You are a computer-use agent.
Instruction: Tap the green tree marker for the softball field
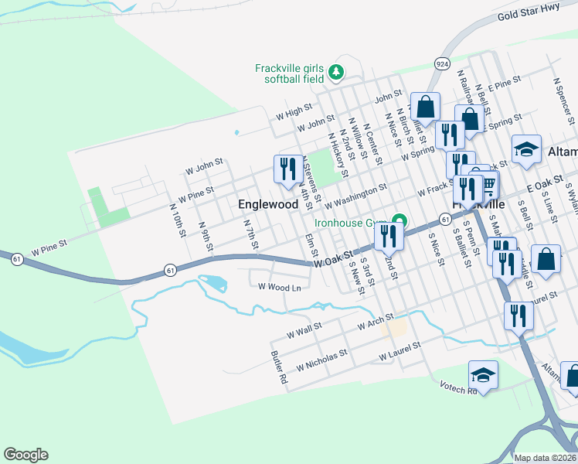click(335, 73)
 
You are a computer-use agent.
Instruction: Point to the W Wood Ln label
click(279, 287)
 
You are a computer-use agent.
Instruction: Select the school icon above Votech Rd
click(484, 375)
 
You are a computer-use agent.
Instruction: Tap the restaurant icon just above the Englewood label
click(288, 169)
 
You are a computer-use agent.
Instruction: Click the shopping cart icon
click(488, 184)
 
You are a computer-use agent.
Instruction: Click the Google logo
click(25, 455)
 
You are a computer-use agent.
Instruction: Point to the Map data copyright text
click(545, 458)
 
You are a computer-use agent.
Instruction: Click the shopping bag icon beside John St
click(425, 106)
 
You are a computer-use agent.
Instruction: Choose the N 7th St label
click(250, 235)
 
